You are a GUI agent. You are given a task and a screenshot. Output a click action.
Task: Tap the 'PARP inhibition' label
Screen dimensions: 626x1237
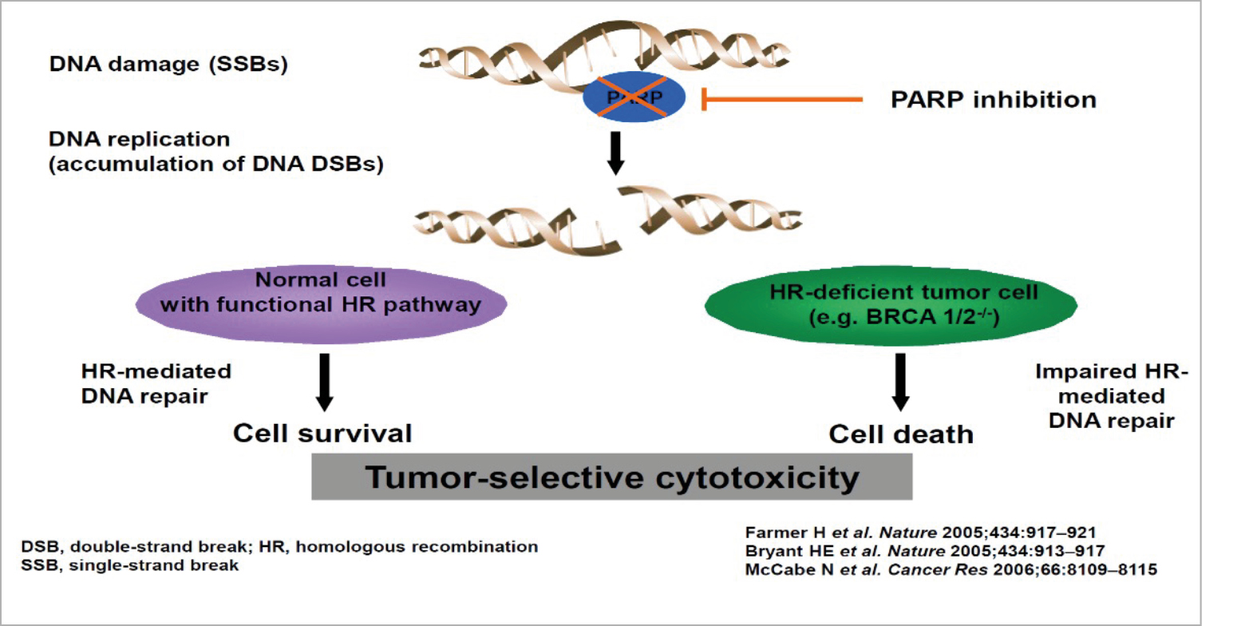click(x=994, y=100)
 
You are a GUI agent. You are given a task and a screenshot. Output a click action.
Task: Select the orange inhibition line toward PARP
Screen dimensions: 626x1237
click(x=782, y=100)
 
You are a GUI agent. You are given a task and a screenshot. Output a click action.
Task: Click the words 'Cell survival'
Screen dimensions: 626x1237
click(x=322, y=433)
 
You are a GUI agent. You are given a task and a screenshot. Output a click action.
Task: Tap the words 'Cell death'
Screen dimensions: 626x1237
click(x=901, y=434)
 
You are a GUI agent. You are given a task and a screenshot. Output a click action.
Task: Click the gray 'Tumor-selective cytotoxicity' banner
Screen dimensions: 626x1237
click(x=612, y=478)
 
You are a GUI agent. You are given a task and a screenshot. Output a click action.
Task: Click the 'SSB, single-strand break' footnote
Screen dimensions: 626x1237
click(x=130, y=565)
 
